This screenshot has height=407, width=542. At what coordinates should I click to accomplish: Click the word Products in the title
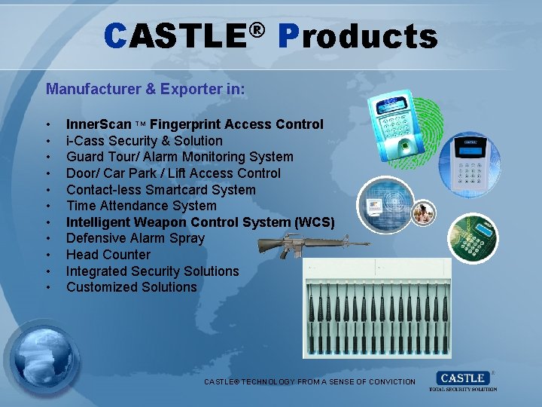tap(358, 35)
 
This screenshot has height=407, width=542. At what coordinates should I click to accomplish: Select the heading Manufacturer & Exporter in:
tap(145, 89)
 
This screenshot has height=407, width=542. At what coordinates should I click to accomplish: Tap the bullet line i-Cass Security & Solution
tap(145, 141)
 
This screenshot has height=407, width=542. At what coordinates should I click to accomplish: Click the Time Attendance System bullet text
tap(142, 206)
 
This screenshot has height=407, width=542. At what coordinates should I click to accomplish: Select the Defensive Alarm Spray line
tap(135, 238)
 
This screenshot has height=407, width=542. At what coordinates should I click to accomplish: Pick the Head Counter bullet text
tap(108, 255)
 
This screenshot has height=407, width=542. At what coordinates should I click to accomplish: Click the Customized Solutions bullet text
tap(132, 287)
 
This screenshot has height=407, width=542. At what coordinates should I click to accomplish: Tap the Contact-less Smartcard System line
tap(161, 190)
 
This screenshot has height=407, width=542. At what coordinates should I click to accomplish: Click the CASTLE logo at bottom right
tap(462, 380)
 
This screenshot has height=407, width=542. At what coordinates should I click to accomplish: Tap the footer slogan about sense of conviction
tap(309, 382)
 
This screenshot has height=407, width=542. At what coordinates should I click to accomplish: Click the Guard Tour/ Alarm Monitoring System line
tap(180, 157)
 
